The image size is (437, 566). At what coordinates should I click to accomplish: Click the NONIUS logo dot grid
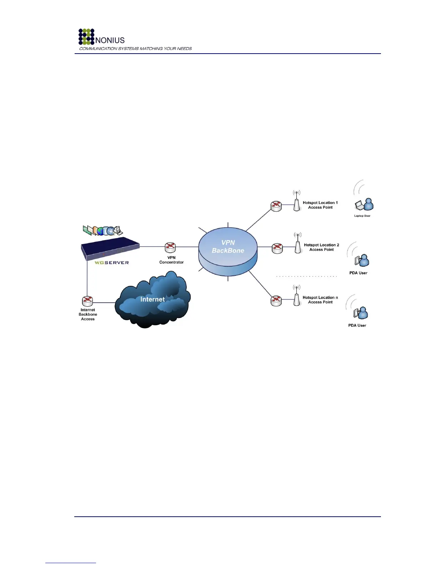coord(86,37)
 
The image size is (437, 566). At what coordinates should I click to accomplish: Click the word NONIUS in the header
coord(110,40)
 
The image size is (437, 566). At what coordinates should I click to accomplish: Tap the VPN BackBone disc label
coord(228,247)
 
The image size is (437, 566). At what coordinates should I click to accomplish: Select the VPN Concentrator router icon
coord(170,247)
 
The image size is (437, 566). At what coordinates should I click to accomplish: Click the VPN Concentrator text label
coord(171,260)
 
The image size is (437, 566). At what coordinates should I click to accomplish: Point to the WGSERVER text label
coord(112,263)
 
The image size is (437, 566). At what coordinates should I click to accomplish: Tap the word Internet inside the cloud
coord(152,299)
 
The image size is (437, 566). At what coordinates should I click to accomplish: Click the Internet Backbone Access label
coord(88,314)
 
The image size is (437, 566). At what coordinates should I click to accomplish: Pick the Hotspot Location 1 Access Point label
coord(320,205)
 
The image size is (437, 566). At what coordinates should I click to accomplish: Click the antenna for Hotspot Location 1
coord(296,202)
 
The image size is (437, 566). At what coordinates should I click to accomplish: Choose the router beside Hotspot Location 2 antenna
coord(277,248)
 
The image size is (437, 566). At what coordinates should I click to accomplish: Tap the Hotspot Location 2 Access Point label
coord(321,247)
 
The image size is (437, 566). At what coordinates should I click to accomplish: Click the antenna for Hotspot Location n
coord(296,297)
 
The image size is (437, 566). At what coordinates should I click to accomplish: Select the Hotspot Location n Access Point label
coord(320,300)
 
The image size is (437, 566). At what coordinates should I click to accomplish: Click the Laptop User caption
coord(362,216)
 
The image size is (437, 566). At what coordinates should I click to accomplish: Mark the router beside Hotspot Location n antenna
coord(276,301)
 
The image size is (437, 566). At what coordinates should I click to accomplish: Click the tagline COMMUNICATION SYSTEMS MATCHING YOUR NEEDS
coord(135,49)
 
